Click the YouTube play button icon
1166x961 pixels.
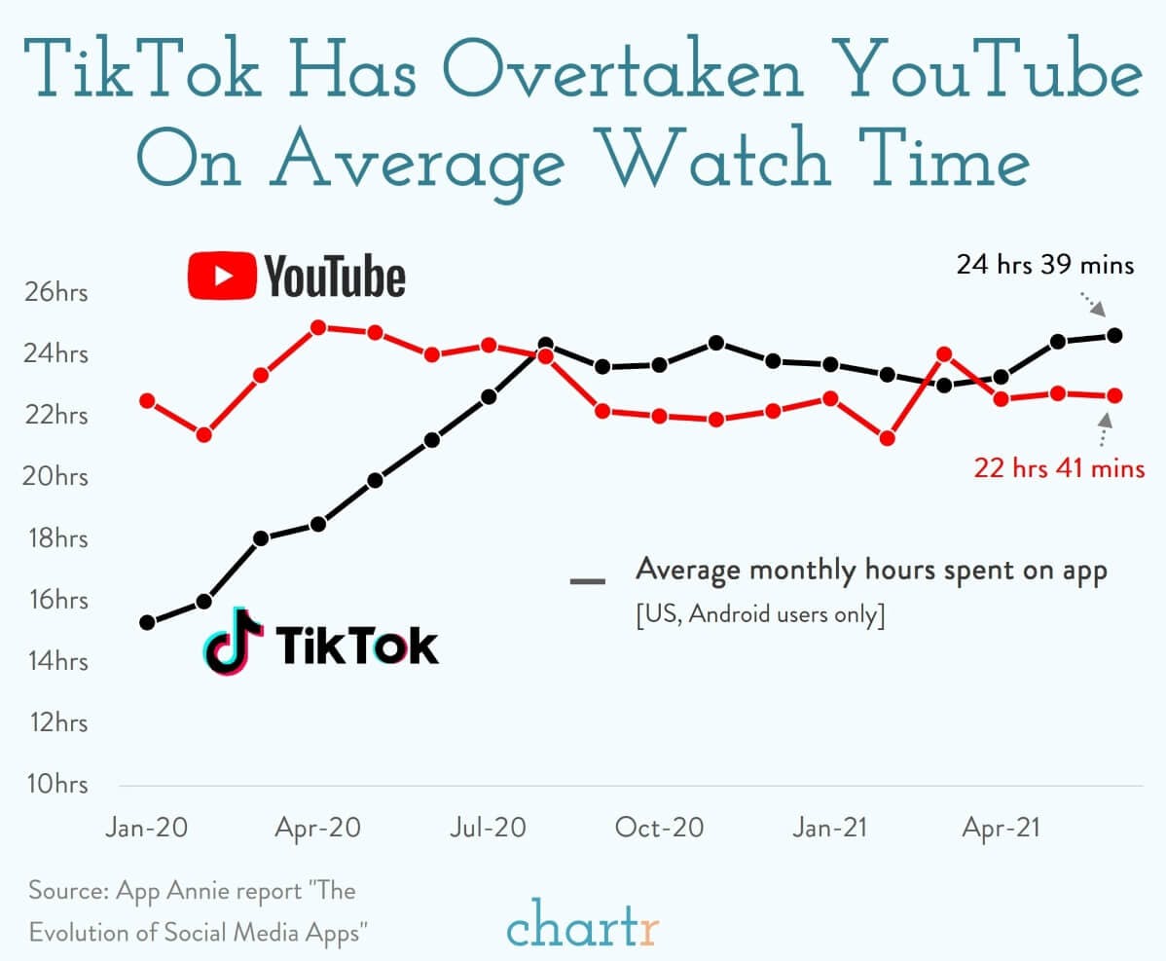[222, 276]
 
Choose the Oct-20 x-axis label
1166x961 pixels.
[659, 828]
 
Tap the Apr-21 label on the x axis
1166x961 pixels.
[1001, 828]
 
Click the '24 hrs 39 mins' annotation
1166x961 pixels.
[1044, 264]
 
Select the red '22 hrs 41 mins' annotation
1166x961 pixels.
[1059, 468]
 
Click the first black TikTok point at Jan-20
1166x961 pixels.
[148, 622]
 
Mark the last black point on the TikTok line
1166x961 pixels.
[1115, 335]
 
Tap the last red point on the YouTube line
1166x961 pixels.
[1115, 395]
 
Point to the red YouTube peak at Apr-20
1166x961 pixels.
[318, 327]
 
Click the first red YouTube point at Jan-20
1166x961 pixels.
[148, 400]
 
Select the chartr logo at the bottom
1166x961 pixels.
[582, 926]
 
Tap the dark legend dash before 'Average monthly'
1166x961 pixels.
[588, 581]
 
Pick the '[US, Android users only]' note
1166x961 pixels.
[760, 616]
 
